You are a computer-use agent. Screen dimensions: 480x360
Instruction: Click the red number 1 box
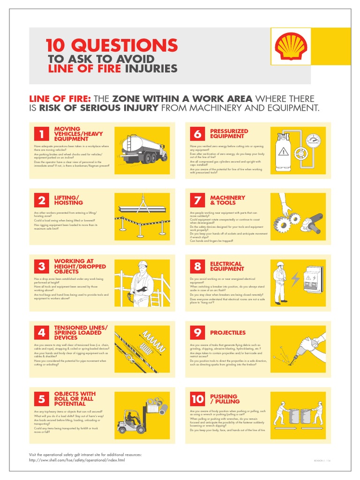tap(41, 134)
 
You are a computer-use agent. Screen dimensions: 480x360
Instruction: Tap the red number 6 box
tap(197, 134)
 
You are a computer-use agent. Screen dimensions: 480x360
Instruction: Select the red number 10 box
tap(197, 399)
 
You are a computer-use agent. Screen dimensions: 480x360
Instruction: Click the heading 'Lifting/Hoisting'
tap(68, 201)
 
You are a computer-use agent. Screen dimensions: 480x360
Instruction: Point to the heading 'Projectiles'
tap(227, 332)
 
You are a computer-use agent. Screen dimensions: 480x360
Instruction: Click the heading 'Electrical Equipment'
tap(227, 267)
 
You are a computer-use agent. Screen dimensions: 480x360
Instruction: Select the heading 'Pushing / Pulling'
tap(225, 399)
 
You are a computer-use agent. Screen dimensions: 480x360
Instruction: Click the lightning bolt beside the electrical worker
tap(295, 280)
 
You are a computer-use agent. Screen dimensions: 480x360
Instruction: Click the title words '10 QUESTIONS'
tap(112, 45)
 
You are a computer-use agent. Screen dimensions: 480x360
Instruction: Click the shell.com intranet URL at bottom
tap(77, 460)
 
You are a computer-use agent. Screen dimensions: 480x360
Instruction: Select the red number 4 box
tap(41, 332)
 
